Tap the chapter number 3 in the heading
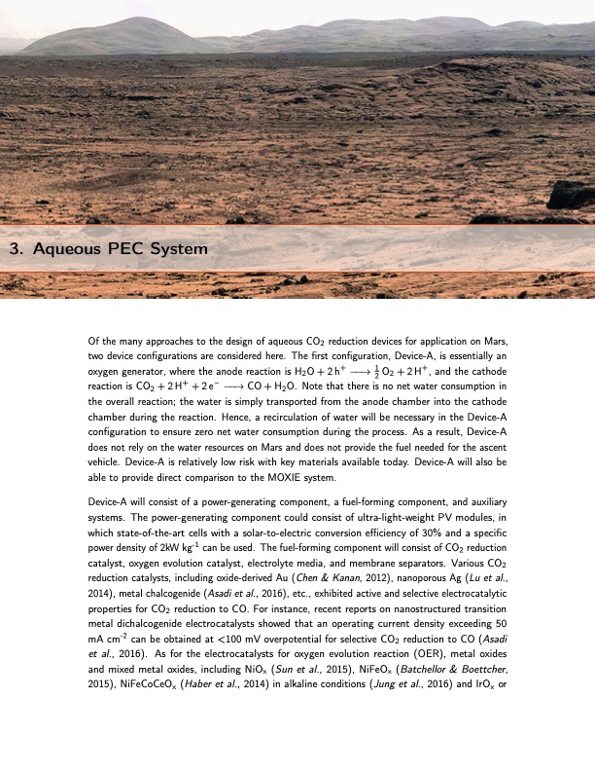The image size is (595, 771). coord(15,249)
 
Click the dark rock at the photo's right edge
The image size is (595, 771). coord(571,195)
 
